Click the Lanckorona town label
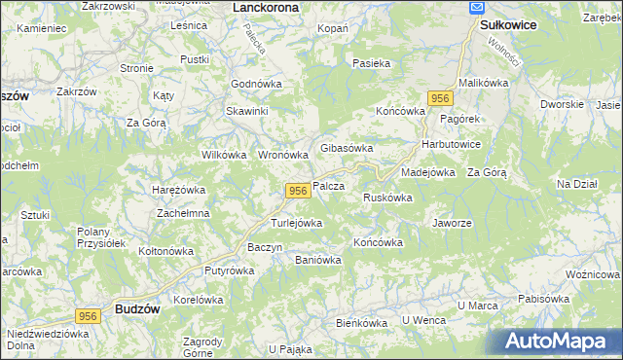(267, 7)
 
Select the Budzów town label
(137, 308)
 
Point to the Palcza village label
(328, 186)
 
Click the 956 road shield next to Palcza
(298, 191)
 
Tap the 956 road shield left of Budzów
(89, 315)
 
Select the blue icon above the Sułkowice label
(477, 7)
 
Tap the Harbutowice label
(451, 144)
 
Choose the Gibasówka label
(348, 148)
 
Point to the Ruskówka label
(387, 198)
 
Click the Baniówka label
(317, 260)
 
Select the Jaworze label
(452, 222)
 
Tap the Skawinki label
(247, 111)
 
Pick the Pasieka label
(372, 64)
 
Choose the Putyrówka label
(228, 271)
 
